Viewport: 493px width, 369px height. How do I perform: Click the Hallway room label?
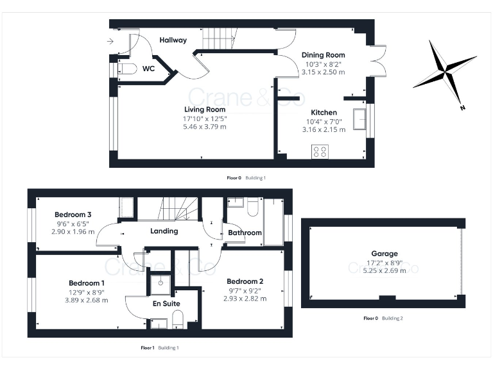coord(173,40)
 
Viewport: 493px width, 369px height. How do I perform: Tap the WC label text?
coord(148,68)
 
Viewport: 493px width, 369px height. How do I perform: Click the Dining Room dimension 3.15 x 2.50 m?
coord(324,72)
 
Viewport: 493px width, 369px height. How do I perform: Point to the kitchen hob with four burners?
coord(319,152)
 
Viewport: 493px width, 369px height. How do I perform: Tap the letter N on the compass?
coord(462,108)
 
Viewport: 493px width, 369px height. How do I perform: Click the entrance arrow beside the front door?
coord(111,42)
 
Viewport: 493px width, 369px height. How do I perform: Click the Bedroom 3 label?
coord(73,214)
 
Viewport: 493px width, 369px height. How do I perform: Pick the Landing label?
coord(164,231)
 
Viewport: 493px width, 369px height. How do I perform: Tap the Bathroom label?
coord(245,233)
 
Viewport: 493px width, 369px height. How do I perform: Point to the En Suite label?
coord(166,304)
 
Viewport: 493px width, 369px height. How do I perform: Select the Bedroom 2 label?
coord(245,281)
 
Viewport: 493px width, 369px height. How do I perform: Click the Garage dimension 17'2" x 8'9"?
coord(384,262)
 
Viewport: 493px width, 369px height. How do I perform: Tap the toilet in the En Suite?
coord(179,318)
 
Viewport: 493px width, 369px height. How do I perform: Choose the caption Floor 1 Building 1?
coord(159,348)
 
